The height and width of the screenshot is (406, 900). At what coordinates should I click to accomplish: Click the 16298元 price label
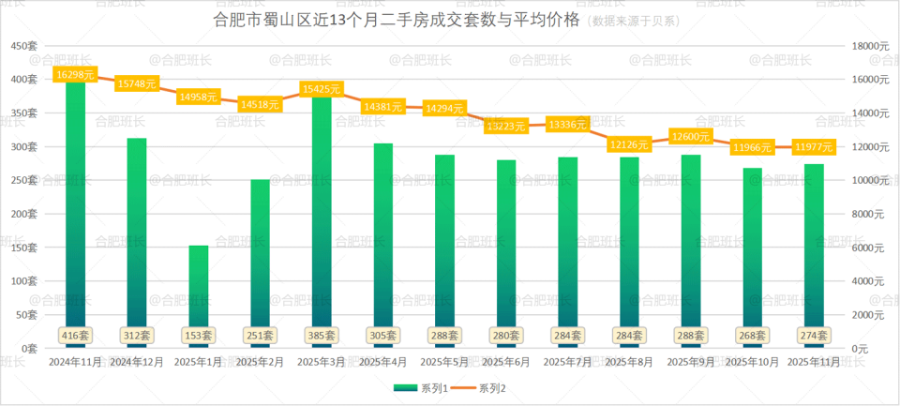[x=76, y=73]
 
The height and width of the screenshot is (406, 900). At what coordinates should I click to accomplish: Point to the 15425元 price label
[x=322, y=89]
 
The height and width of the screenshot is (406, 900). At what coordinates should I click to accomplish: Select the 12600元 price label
[x=691, y=136]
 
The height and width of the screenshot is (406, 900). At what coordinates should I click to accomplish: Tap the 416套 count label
[x=75, y=335]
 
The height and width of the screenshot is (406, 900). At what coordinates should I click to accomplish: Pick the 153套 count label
[x=199, y=335]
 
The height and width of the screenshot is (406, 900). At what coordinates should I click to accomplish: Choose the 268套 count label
[x=753, y=335]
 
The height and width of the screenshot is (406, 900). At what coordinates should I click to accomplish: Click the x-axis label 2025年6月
[x=506, y=361]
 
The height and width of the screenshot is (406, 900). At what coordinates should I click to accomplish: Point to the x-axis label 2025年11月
[x=814, y=361]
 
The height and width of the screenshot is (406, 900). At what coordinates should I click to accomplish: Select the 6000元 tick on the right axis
[x=866, y=248]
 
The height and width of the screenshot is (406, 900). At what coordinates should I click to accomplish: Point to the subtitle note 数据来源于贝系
[x=634, y=20]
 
